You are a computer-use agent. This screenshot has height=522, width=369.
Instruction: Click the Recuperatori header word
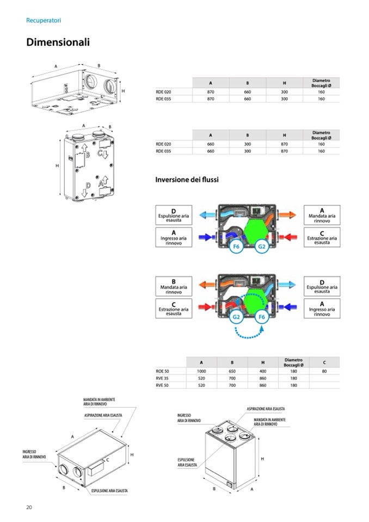click(x=44, y=20)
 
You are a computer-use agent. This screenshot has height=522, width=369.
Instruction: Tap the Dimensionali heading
click(x=58, y=42)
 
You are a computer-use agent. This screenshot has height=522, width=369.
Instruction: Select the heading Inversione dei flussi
click(x=187, y=180)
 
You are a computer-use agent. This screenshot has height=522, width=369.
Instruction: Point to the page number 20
click(x=29, y=507)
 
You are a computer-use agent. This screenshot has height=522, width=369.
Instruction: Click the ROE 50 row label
click(x=162, y=371)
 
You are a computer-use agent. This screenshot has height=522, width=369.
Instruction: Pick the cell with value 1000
click(x=201, y=371)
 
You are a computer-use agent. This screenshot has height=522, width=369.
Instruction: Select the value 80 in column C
click(x=324, y=371)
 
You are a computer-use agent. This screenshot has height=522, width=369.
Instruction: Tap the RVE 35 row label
click(x=162, y=378)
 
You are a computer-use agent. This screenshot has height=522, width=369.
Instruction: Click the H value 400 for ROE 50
click(x=263, y=371)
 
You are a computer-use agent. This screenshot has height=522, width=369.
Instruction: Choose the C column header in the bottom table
click(x=324, y=362)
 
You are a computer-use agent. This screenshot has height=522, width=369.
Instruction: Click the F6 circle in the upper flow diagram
click(x=236, y=247)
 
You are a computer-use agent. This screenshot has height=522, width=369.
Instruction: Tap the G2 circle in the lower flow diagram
click(x=236, y=317)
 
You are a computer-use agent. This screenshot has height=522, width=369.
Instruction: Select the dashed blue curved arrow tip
click(x=262, y=327)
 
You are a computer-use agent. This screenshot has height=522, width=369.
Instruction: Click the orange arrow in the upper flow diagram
click(x=287, y=214)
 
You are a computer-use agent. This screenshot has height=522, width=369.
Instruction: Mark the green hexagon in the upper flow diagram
click(x=256, y=229)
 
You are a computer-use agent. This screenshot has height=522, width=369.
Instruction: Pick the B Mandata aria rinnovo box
click(x=174, y=286)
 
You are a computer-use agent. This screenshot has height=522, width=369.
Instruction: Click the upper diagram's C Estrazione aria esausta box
click(x=322, y=237)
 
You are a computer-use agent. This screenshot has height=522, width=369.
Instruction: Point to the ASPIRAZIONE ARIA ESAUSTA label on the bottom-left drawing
click(x=103, y=415)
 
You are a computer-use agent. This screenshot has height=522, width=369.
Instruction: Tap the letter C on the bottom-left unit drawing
click(x=108, y=460)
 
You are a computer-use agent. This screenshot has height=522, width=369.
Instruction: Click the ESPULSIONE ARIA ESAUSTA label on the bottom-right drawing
click(x=187, y=463)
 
